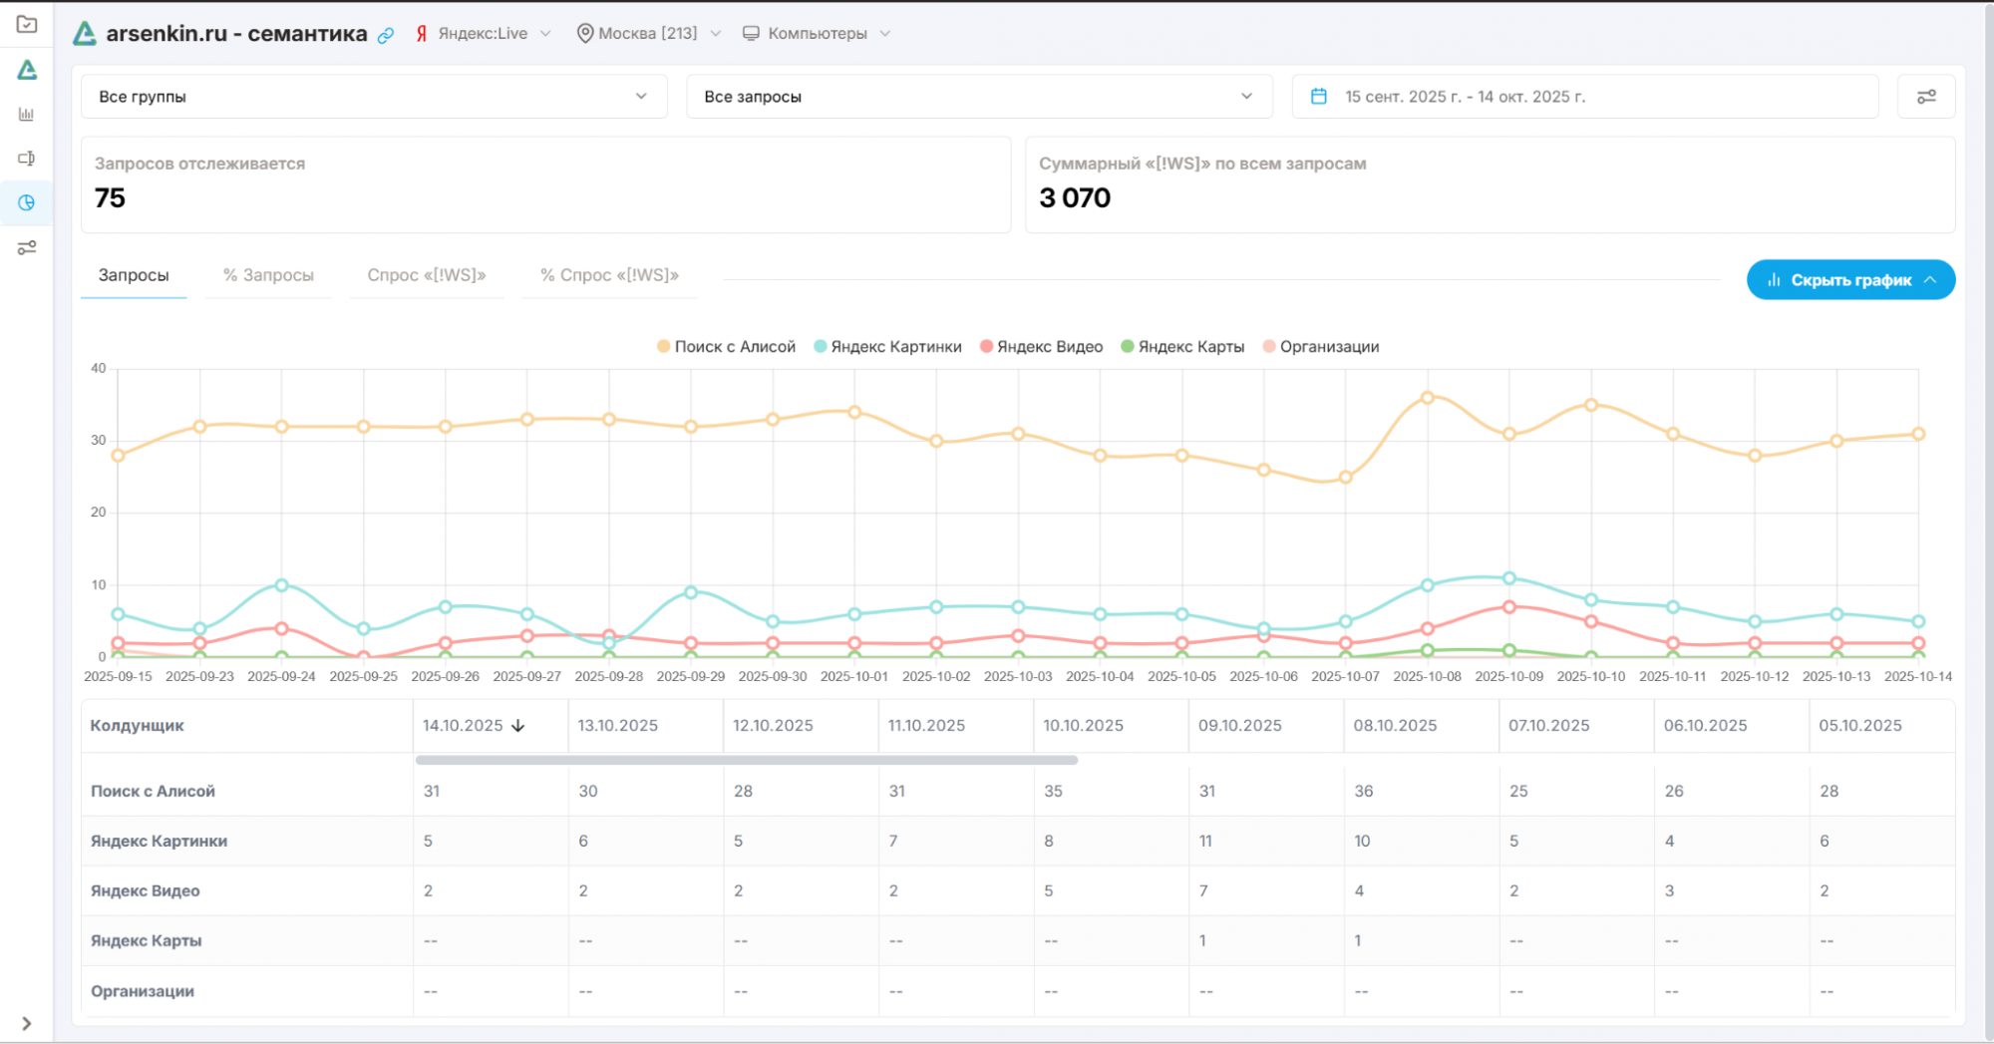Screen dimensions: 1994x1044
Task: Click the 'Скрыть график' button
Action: pyautogui.click(x=1850, y=280)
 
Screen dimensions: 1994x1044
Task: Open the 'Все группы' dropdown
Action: pyautogui.click(x=374, y=97)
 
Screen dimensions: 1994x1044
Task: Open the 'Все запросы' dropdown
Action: pyautogui.click(x=979, y=97)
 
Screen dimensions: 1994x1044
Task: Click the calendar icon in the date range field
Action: pyautogui.click(x=1318, y=97)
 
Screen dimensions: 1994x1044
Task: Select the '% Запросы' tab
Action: pyautogui.click(x=268, y=275)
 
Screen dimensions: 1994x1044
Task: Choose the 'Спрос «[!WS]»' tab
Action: pyautogui.click(x=427, y=275)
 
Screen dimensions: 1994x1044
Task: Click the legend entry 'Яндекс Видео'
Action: pyautogui.click(x=1041, y=347)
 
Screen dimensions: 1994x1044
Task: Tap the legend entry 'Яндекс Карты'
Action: pyautogui.click(x=1182, y=347)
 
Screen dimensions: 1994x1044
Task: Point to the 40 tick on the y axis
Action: pyautogui.click(x=98, y=368)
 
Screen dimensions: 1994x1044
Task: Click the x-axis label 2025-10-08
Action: pyautogui.click(x=1427, y=676)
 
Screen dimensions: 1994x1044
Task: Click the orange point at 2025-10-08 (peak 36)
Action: pyautogui.click(x=1427, y=398)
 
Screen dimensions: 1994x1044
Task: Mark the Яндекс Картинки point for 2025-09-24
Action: pyautogui.click(x=281, y=585)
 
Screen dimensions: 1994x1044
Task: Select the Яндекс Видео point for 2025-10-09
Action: pyautogui.click(x=1508, y=607)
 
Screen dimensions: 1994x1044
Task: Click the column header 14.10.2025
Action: pyautogui.click(x=463, y=726)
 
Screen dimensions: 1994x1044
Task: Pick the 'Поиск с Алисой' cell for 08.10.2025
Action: pyautogui.click(x=1364, y=791)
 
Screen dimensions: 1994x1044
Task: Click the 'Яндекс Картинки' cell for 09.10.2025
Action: pyautogui.click(x=1205, y=841)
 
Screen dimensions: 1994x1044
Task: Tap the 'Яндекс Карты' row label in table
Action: pyautogui.click(x=146, y=940)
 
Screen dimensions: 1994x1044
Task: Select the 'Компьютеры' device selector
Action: pyautogui.click(x=817, y=33)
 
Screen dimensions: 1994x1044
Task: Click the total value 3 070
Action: pyautogui.click(x=1075, y=197)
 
